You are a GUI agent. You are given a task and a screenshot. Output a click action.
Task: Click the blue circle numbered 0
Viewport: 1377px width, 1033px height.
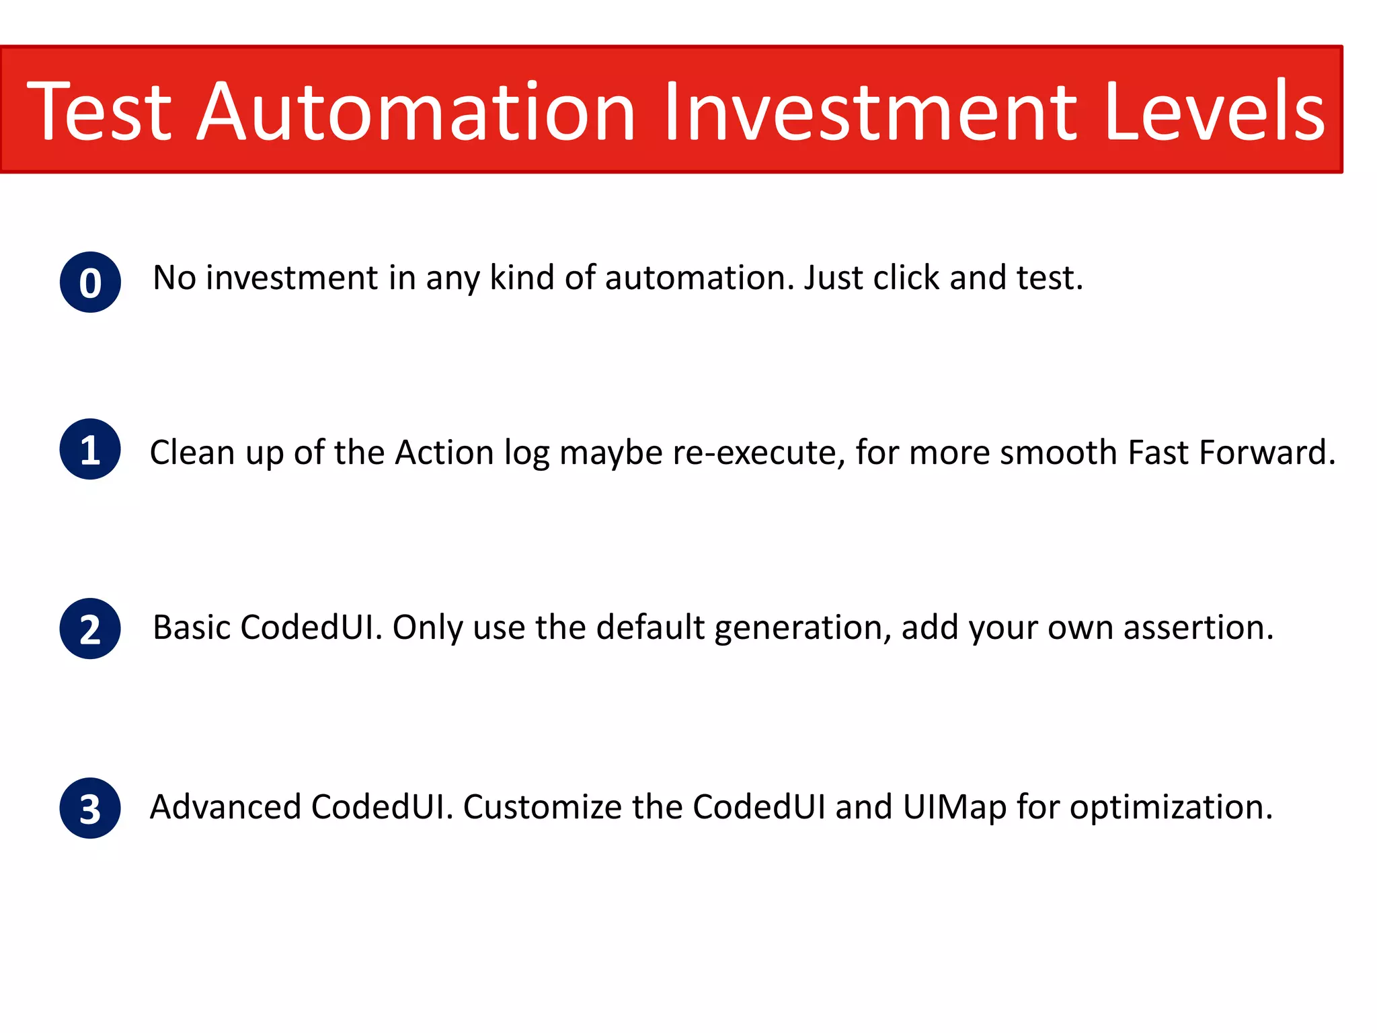tap(90, 282)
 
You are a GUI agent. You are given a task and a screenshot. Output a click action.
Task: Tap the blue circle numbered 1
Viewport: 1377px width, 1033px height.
tap(90, 449)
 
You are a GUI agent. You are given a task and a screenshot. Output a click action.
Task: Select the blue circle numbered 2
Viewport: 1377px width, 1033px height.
tap(90, 629)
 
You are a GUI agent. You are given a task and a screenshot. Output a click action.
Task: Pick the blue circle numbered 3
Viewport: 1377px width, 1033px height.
tap(90, 808)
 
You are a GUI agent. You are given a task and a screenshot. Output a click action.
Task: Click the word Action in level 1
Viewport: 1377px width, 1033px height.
tap(444, 453)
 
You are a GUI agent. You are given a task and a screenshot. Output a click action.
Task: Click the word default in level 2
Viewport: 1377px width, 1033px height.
tap(650, 627)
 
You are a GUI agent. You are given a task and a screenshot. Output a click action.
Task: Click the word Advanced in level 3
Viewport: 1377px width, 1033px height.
tap(225, 807)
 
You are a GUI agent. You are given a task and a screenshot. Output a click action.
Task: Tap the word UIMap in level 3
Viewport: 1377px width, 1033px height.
tap(955, 807)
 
